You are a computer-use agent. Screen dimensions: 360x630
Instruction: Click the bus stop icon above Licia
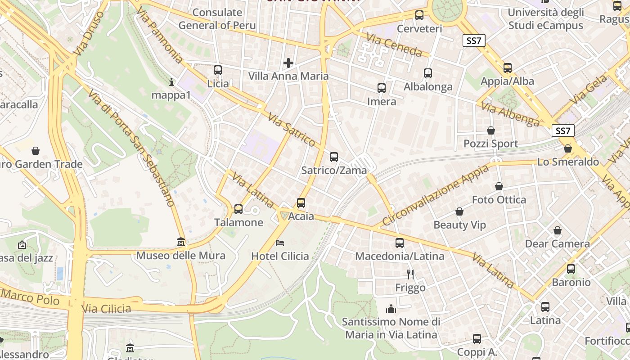pos(218,70)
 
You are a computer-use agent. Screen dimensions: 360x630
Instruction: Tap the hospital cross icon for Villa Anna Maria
pos(288,63)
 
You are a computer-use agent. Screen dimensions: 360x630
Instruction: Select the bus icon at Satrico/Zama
pos(334,157)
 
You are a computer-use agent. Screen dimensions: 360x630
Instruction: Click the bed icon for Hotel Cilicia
pos(280,243)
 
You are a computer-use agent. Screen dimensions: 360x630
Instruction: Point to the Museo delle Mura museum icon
pos(181,243)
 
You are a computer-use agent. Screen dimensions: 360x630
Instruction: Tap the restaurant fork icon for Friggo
pos(410,274)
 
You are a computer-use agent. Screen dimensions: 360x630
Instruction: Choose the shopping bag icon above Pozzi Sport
pos(491,130)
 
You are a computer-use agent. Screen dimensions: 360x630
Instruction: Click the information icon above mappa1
pos(171,82)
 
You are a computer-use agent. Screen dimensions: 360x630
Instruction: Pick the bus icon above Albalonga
pos(428,73)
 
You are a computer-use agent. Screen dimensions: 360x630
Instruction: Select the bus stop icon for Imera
pos(382,88)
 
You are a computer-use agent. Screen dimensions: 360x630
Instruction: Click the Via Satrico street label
pos(292,130)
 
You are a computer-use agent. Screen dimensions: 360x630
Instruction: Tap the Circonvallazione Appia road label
pos(436,196)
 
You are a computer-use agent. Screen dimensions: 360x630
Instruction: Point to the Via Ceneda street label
pos(394,45)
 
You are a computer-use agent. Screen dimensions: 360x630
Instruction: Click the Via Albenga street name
pos(510,114)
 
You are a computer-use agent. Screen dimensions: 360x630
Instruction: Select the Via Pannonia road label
pos(159,35)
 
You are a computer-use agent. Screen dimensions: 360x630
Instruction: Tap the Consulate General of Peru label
pos(217,19)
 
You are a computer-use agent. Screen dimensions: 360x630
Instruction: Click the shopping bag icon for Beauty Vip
pos(459,211)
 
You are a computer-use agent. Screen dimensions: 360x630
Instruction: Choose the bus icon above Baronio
pos(571,269)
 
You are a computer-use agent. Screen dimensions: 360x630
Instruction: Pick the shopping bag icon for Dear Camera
pos(558,230)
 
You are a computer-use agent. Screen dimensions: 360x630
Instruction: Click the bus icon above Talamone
pos(238,209)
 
